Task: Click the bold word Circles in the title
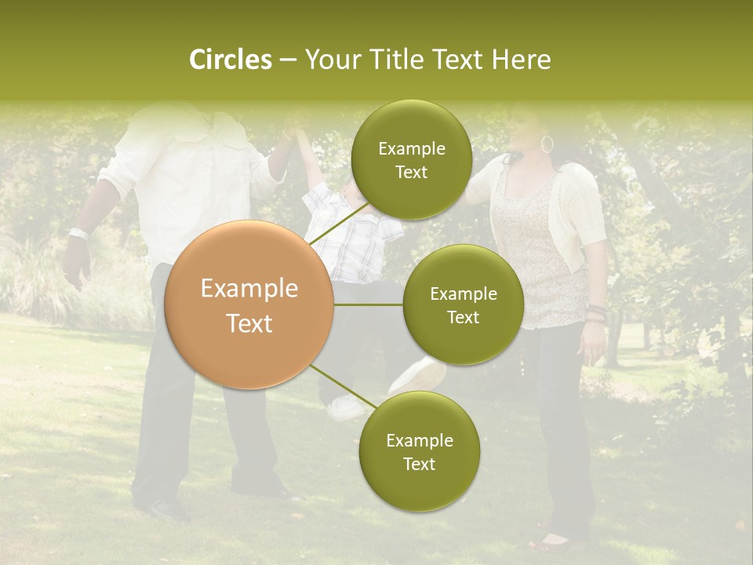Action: [x=230, y=60]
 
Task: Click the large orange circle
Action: [x=249, y=305]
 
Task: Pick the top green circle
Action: [x=410, y=160]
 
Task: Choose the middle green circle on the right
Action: [x=463, y=305]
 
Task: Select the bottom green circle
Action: [x=419, y=451]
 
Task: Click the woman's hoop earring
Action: [x=547, y=144]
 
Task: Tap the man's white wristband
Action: [x=78, y=233]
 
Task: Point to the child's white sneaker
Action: [x=417, y=376]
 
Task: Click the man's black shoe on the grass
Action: [x=164, y=508]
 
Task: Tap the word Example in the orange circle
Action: [x=249, y=289]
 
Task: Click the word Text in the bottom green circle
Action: [x=419, y=464]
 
